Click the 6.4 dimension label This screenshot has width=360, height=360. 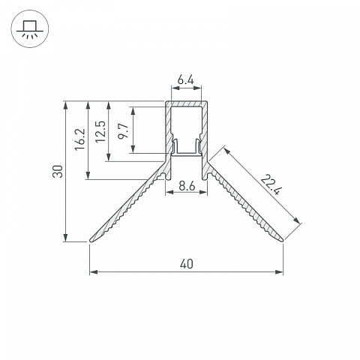click(186, 80)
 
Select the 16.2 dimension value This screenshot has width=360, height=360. click(80, 139)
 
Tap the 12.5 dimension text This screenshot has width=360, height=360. click(100, 131)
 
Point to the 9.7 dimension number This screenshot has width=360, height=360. click(123, 130)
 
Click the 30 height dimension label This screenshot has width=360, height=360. click(58, 171)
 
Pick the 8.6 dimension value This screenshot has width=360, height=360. click(187, 186)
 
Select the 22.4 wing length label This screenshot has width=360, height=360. click(271, 184)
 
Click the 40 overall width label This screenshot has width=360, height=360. click(187, 264)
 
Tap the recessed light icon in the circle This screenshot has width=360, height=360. click(30, 29)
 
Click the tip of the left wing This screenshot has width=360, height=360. click(91, 241)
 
